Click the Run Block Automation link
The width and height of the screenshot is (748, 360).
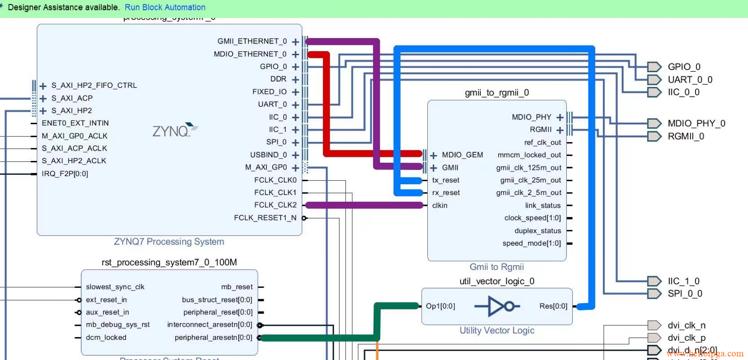[165, 8]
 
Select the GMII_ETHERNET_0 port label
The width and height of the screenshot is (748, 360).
[252, 41]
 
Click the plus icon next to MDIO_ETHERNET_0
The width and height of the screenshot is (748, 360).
[295, 54]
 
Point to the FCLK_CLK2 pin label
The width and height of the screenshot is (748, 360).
[275, 205]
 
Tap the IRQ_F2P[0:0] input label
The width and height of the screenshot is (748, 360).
[65, 173]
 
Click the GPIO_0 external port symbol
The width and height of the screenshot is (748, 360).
[654, 67]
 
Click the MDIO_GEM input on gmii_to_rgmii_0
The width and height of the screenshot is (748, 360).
[462, 155]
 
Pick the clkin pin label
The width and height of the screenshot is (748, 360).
[439, 205]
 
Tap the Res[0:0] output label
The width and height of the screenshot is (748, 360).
[553, 306]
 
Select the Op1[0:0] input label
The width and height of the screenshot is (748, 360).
[440, 306]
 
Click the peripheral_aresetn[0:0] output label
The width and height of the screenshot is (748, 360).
[213, 338]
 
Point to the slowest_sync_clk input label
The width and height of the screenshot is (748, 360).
[115, 287]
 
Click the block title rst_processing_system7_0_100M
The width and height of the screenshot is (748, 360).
[169, 262]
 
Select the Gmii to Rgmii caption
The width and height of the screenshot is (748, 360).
[496, 267]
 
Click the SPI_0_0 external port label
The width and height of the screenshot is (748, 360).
[685, 294]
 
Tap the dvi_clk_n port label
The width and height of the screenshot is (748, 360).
[686, 325]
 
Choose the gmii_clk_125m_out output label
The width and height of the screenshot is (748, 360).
[529, 168]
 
